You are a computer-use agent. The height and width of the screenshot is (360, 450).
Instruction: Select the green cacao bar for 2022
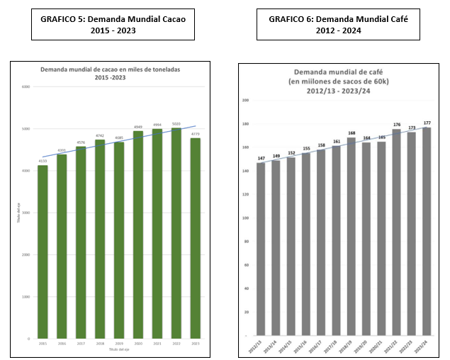pyautogui.click(x=176, y=233)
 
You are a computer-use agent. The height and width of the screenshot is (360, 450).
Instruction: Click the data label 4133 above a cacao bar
pyautogui.click(x=43, y=162)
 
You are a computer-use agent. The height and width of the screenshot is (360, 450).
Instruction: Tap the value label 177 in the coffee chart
pyautogui.click(x=427, y=123)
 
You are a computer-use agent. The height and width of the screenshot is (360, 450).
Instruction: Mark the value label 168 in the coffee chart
pyautogui.click(x=351, y=133)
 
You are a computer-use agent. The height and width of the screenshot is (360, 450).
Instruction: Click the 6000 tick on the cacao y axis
pyautogui.click(x=26, y=87)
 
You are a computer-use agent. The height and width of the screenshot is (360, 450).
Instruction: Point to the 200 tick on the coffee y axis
pyautogui.click(x=245, y=101)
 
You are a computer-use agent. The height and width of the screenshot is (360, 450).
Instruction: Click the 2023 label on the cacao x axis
pyautogui.click(x=196, y=344)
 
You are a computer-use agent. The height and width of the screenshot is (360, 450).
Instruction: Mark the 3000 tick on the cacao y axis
pyautogui.click(x=26, y=213)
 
